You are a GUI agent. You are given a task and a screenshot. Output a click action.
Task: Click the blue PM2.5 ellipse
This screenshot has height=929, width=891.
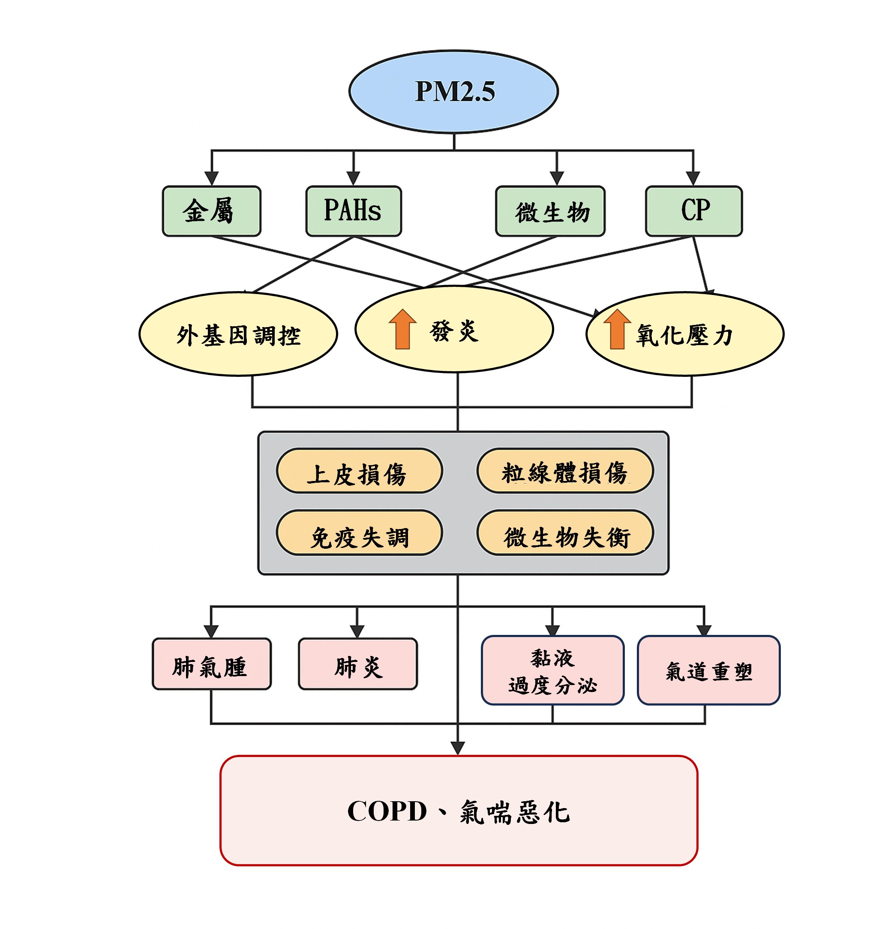[x=453, y=91]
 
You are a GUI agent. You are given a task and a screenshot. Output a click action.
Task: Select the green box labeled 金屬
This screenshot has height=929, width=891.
[x=211, y=211]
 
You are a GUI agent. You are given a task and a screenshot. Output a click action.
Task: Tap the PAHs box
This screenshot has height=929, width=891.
[x=353, y=211]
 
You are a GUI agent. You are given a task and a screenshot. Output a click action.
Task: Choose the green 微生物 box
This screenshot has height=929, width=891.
[x=550, y=211]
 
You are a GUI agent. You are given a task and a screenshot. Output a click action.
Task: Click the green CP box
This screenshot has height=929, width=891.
[x=693, y=211]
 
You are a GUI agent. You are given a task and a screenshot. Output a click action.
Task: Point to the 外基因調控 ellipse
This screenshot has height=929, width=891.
[x=238, y=334]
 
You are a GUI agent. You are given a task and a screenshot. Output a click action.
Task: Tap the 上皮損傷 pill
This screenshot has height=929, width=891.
[x=359, y=471]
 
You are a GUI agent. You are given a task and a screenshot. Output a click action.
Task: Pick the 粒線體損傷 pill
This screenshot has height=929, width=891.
[x=564, y=471]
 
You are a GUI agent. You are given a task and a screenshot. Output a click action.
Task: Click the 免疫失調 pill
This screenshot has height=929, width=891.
[x=359, y=533]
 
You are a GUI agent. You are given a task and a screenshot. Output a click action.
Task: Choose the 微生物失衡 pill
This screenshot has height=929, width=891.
[x=564, y=533]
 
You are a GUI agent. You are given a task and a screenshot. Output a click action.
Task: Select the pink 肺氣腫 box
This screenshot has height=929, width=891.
[x=211, y=664]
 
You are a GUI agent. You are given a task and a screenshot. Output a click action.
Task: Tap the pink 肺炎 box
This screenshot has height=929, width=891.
[x=357, y=664]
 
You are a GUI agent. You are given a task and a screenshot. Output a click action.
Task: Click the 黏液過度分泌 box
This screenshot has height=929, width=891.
[x=552, y=670]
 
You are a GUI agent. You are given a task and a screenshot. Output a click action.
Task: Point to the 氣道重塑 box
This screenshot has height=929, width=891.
[x=708, y=670]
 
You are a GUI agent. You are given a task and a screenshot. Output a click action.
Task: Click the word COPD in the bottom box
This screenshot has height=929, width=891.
[x=387, y=811]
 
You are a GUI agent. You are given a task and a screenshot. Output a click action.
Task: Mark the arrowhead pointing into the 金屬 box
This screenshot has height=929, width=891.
[x=211, y=178]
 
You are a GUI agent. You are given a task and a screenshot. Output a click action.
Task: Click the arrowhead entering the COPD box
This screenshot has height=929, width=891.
[x=457, y=748]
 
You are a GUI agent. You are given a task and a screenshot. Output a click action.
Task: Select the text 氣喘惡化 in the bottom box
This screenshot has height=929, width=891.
[x=514, y=812]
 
